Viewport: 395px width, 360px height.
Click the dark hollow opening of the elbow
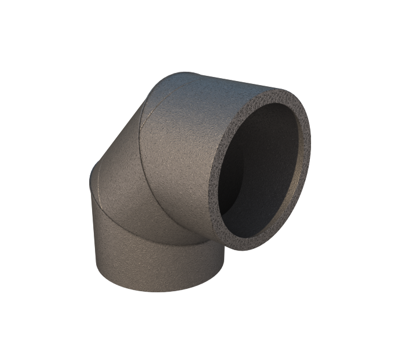[264, 168]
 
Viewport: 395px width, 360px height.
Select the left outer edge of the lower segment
[94, 243]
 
